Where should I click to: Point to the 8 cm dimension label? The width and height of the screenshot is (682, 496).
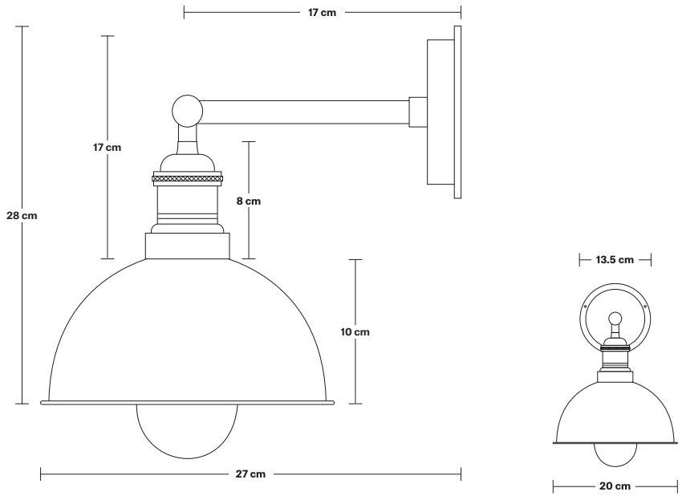[x=249, y=201]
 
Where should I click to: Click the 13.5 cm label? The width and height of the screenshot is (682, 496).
[x=615, y=259]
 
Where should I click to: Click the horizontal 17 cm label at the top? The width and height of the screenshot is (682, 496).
[x=323, y=12]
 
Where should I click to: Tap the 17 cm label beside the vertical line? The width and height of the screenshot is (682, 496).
[x=107, y=148]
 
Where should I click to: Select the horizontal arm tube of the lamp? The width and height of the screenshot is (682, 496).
[x=305, y=112]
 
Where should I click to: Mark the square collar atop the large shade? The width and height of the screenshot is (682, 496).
[x=188, y=246]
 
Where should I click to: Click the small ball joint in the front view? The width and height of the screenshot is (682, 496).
[x=615, y=318]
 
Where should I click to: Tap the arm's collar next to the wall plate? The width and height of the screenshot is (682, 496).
[x=418, y=112]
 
